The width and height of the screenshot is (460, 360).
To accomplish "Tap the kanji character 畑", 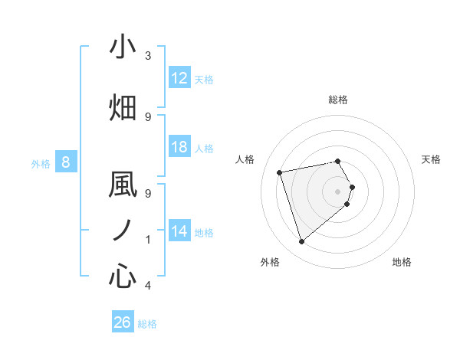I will click(x=123, y=107).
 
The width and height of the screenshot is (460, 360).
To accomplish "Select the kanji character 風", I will click(x=123, y=185).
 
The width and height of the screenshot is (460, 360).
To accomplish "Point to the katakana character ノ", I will click(x=123, y=230).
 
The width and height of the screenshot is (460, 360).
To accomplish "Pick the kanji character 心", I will click(x=123, y=275).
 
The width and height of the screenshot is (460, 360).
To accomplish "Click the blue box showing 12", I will click(x=179, y=78).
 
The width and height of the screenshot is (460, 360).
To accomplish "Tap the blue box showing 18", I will click(x=179, y=147).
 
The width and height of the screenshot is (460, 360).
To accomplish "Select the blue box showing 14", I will click(x=179, y=231).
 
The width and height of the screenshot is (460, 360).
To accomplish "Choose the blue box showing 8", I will click(x=66, y=162).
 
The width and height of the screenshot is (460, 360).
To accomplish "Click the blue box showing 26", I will click(x=123, y=322).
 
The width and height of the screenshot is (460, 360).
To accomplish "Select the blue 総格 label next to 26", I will click(x=147, y=324).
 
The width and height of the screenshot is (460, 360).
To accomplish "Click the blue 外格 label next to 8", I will click(x=41, y=163).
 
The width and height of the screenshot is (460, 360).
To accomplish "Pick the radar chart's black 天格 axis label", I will click(x=431, y=159).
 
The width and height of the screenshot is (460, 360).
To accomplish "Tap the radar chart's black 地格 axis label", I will click(x=402, y=262).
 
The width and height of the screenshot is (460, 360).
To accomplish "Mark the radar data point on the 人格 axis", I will click(x=280, y=172).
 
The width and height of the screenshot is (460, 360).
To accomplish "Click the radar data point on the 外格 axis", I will click(x=301, y=242).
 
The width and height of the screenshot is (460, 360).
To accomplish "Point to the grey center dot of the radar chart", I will click(x=338, y=191).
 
